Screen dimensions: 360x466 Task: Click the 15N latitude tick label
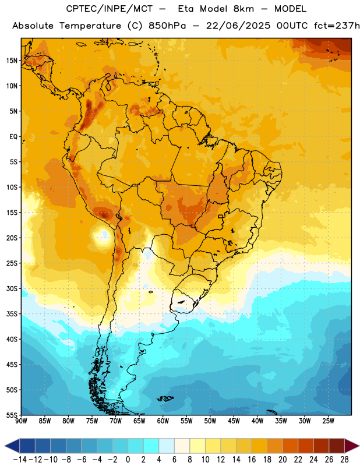click(x=12, y=61)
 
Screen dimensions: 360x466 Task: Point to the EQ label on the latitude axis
click(x=13, y=137)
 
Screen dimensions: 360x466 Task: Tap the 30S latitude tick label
click(x=12, y=288)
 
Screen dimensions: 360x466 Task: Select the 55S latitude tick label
click(x=12, y=415)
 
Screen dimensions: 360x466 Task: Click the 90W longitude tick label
click(x=22, y=421)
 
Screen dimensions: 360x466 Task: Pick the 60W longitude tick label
click(x=163, y=421)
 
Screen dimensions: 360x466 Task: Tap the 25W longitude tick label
click(x=328, y=421)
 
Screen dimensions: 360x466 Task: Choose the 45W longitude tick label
click(x=234, y=421)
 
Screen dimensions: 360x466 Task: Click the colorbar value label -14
click(x=20, y=460)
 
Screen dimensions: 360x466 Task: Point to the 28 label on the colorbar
click(x=344, y=460)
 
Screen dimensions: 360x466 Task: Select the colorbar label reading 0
click(x=128, y=460)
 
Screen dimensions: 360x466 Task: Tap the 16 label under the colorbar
click(x=252, y=460)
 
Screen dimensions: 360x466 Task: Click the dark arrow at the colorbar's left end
click(x=12, y=446)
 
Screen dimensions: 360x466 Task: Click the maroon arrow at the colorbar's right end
click(x=352, y=446)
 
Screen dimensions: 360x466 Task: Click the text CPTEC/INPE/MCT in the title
click(x=110, y=9)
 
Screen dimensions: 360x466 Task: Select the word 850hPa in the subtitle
click(x=167, y=26)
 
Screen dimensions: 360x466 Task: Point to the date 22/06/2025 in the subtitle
click(x=238, y=26)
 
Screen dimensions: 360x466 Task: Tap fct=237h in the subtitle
click(x=337, y=26)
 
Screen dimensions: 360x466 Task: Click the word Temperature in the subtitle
click(x=90, y=26)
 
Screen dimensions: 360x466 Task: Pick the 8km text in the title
click(x=243, y=9)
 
